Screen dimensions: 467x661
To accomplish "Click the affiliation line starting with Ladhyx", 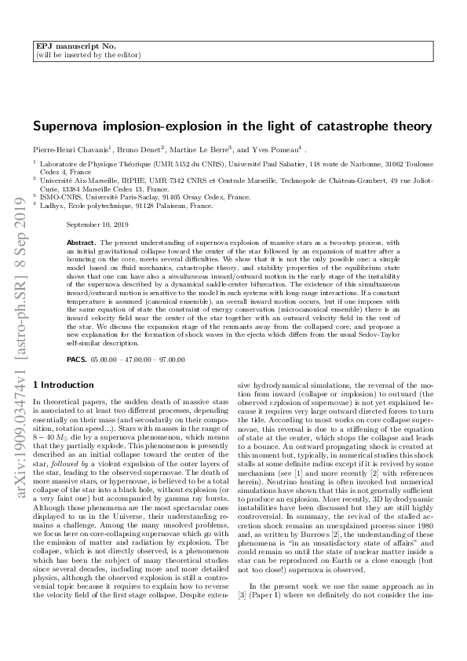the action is (x=126, y=207).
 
